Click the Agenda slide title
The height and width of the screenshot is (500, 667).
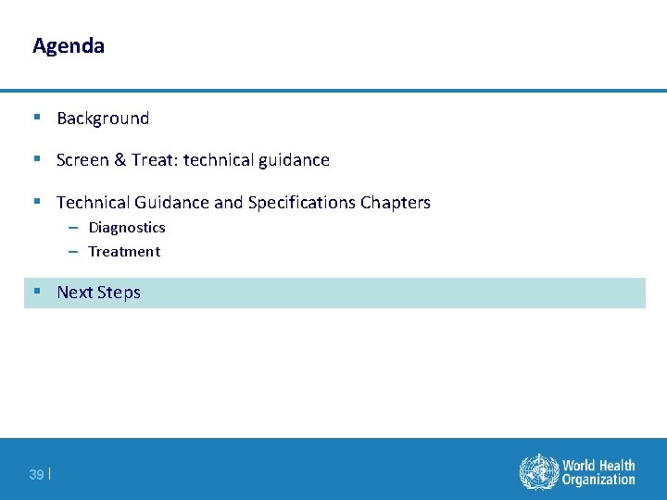(x=69, y=45)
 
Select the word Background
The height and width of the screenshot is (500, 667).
(x=103, y=119)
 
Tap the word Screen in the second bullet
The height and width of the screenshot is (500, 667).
(x=82, y=160)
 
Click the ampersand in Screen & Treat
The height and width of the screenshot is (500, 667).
(x=120, y=160)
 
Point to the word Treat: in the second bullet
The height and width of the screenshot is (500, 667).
(x=155, y=160)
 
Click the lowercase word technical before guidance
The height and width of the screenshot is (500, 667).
(x=219, y=160)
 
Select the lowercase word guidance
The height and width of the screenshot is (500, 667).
(x=294, y=160)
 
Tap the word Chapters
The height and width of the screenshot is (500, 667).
(x=396, y=203)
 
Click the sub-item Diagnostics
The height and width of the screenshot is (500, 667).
(x=127, y=228)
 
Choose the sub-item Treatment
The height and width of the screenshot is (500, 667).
(x=124, y=252)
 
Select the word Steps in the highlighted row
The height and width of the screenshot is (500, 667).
(x=120, y=293)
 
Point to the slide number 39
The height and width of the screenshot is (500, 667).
(x=36, y=475)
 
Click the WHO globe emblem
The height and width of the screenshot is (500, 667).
(x=537, y=471)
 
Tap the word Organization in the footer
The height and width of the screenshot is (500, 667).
(x=598, y=480)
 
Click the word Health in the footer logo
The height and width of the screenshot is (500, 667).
(x=617, y=465)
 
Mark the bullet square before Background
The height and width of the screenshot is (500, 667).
(x=36, y=118)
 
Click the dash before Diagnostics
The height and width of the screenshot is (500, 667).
(x=72, y=228)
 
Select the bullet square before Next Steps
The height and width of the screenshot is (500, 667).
(x=36, y=292)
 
